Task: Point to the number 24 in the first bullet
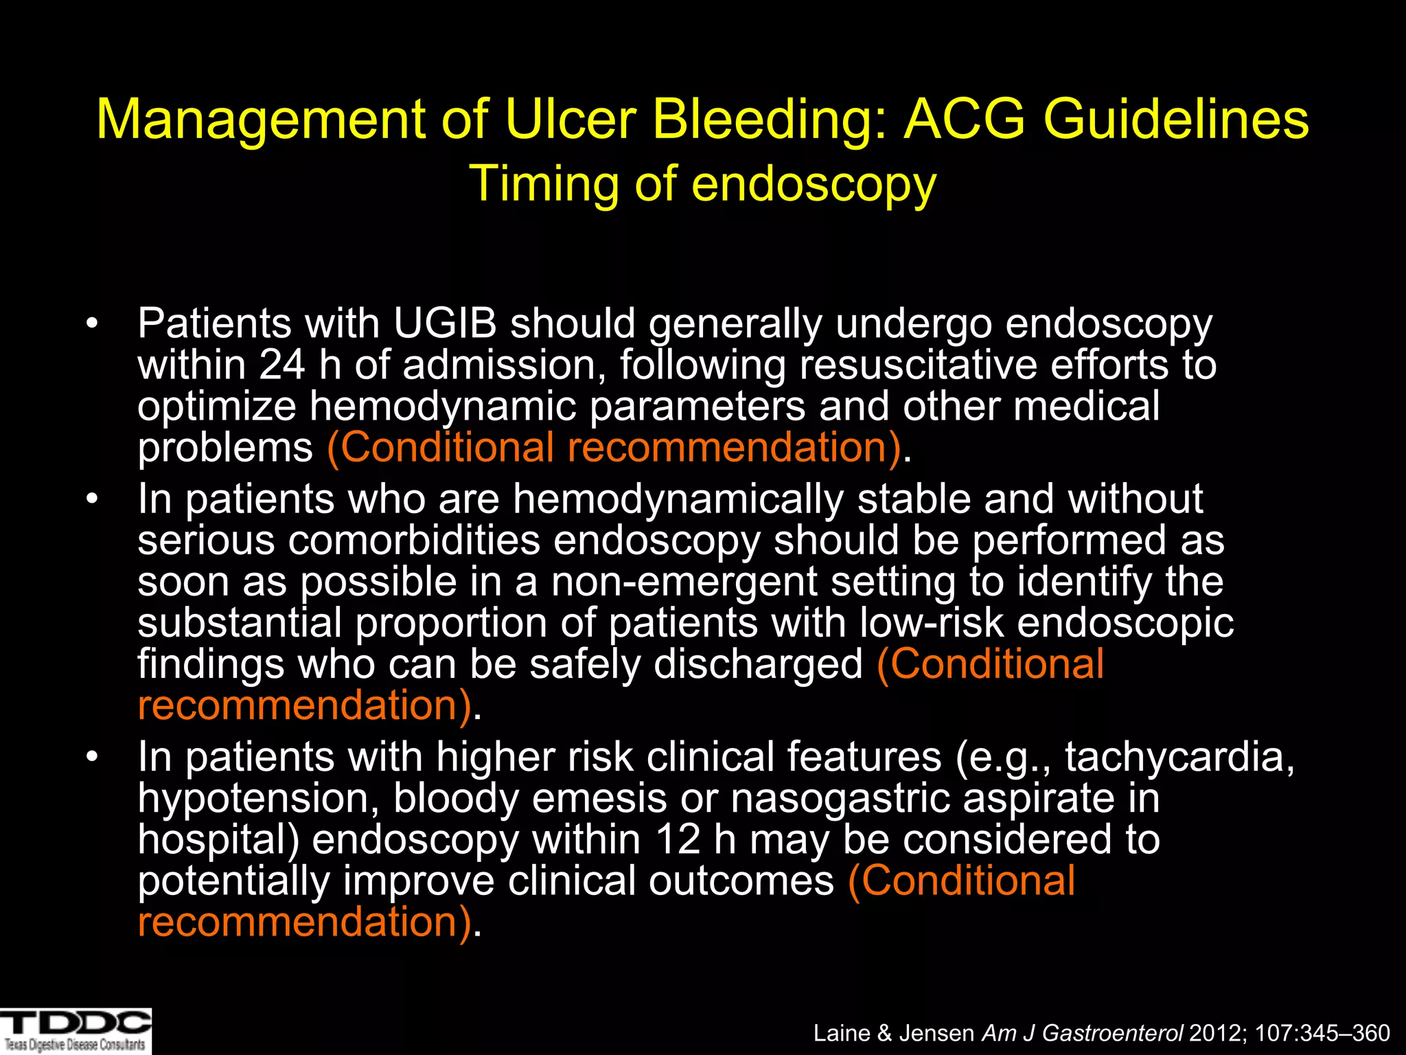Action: pyautogui.click(x=282, y=365)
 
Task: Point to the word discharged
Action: pyautogui.click(x=758, y=664)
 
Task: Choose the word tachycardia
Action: pyautogui.click(x=1179, y=757)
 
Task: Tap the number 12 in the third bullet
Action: pyautogui.click(x=678, y=839)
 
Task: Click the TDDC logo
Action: pyautogui.click(x=76, y=1030)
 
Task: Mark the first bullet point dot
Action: pyautogui.click(x=93, y=324)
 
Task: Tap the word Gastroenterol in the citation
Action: pyautogui.click(x=1112, y=1033)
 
